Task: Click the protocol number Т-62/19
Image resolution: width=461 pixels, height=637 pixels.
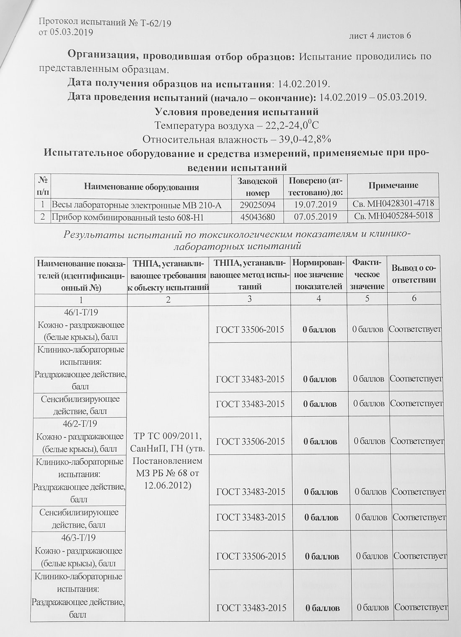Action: click(x=157, y=23)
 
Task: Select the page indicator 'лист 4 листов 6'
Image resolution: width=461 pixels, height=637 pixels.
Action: click(x=380, y=36)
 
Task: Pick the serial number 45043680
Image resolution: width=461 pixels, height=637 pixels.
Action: click(x=257, y=217)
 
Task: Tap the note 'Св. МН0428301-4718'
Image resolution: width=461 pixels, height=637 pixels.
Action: click(x=393, y=204)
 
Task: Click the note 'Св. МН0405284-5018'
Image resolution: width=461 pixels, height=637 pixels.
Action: click(x=393, y=216)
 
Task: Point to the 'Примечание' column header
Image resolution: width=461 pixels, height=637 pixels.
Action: click(x=393, y=185)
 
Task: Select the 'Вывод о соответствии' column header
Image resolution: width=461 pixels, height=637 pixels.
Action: click(x=413, y=274)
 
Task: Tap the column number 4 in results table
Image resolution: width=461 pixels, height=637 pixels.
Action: click(x=319, y=299)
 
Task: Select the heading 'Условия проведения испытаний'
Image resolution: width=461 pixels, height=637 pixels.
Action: click(x=237, y=112)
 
